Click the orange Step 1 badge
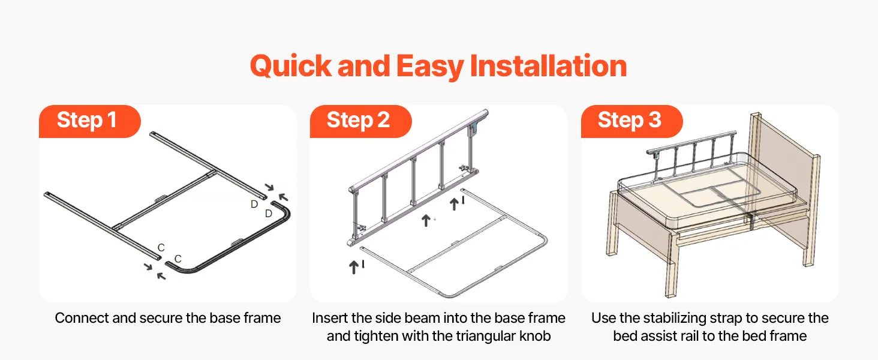[x=90, y=121]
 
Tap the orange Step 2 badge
[x=360, y=121]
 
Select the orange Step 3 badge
[x=632, y=121]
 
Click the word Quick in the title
[x=291, y=66]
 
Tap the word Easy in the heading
[x=430, y=67]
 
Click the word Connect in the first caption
[x=82, y=318]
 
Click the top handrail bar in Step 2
[x=418, y=151]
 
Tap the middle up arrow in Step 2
[x=426, y=220]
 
